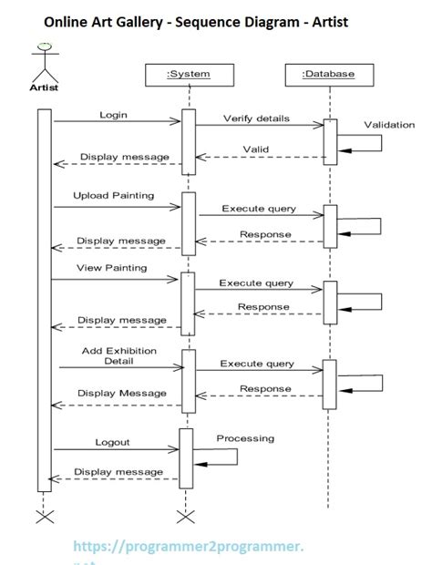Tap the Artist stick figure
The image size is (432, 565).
(43, 64)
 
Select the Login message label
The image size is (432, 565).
(113, 116)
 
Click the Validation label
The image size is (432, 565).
(389, 124)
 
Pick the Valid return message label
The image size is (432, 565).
(255, 149)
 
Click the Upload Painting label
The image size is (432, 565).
(114, 195)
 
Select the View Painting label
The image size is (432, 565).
(110, 268)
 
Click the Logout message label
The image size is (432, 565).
(113, 442)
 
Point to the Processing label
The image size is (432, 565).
(245, 438)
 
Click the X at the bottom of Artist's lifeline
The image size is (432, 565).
(43, 517)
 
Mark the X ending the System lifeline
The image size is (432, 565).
(186, 517)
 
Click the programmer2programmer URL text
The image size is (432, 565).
(188, 545)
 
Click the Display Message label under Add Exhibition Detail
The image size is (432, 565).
(122, 393)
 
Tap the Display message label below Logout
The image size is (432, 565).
(118, 471)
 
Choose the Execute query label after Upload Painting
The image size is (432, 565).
(259, 209)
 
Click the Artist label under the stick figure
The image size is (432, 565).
(43, 88)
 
